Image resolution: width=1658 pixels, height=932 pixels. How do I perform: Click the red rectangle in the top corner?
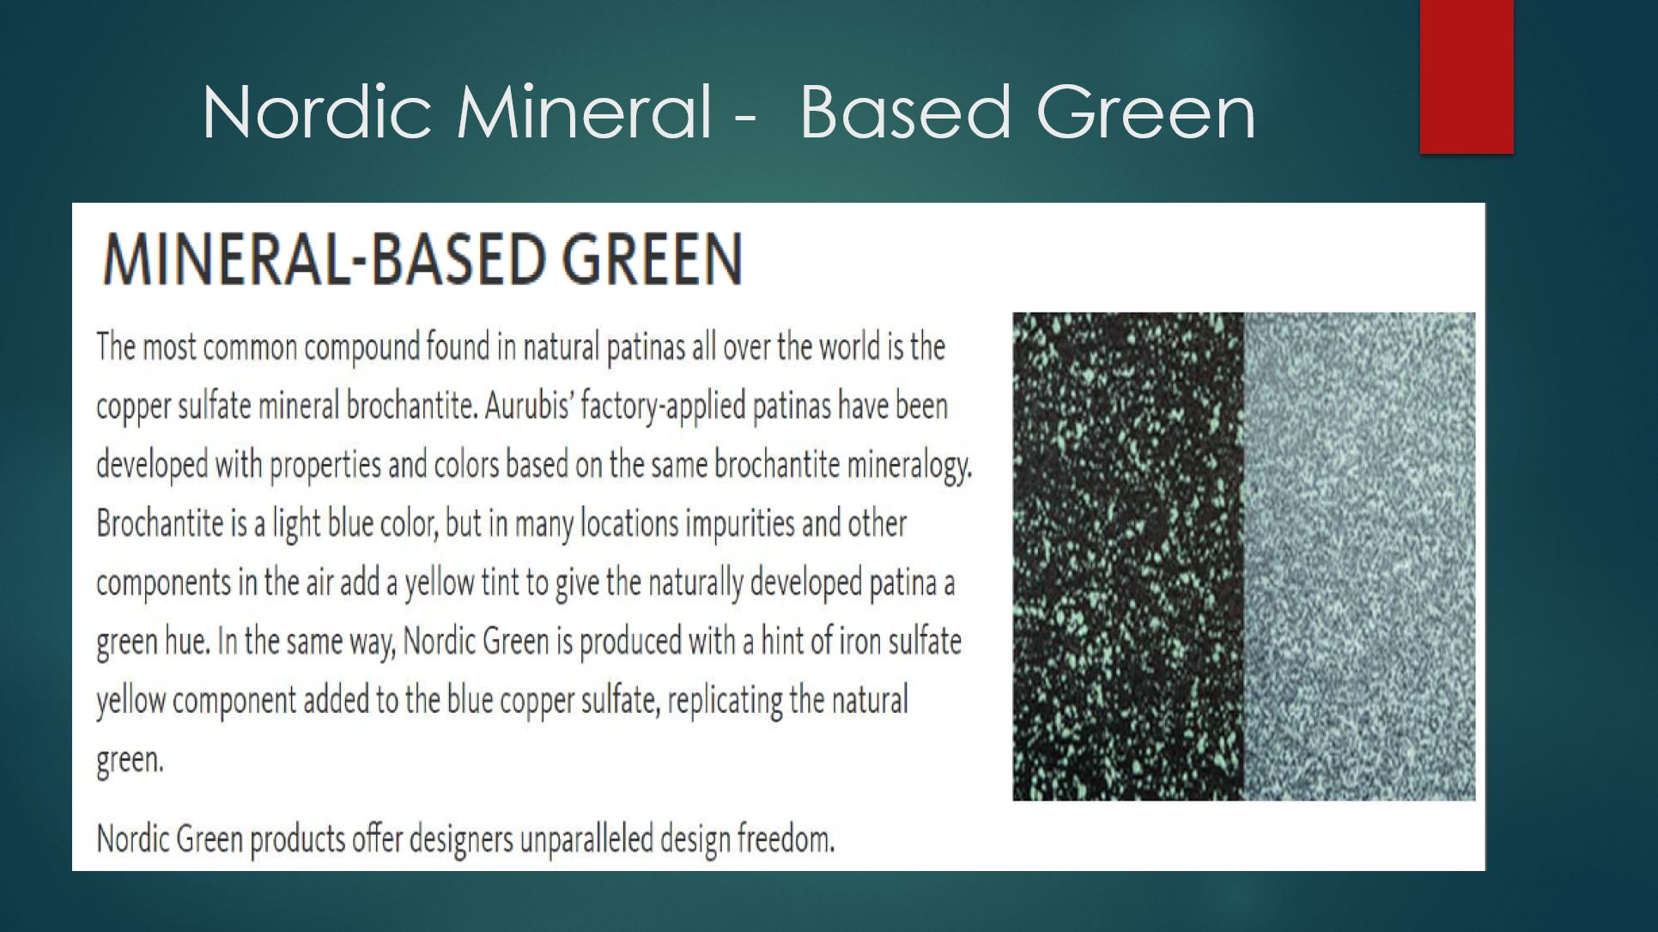coord(1467,76)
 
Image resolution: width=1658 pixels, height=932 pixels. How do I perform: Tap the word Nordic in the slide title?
coord(317,112)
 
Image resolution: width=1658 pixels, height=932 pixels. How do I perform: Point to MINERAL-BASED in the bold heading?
coord(323,259)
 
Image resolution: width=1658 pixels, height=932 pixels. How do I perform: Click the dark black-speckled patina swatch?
coord(1128,557)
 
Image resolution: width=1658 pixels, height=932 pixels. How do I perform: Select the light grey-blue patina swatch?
coord(1359,557)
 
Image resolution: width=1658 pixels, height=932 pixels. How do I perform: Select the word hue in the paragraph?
coord(187,642)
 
